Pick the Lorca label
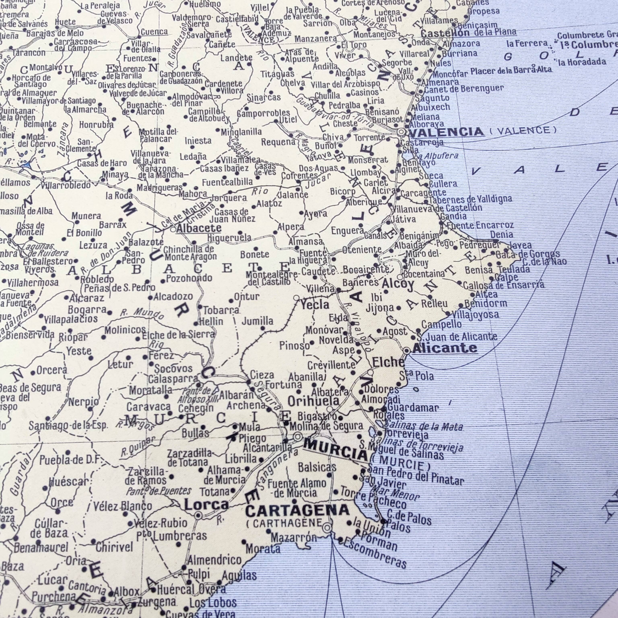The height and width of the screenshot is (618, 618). click(x=207, y=505)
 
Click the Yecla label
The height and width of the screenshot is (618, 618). click(x=315, y=305)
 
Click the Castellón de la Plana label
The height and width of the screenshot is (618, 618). click(x=468, y=33)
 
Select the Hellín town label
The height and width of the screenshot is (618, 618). click(x=211, y=321)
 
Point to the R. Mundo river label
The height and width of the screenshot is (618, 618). click(x=142, y=313)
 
